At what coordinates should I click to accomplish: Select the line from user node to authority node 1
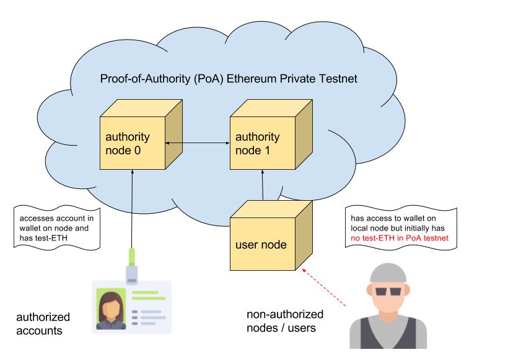tap(263, 185)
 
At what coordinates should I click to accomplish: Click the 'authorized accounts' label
tap(43, 323)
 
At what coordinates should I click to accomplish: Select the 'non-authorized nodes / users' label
tap(285, 320)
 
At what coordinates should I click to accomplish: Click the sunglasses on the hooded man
tap(386, 291)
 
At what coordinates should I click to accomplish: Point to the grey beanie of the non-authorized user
tap(387, 273)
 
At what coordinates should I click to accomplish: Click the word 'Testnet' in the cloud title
tap(340, 80)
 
